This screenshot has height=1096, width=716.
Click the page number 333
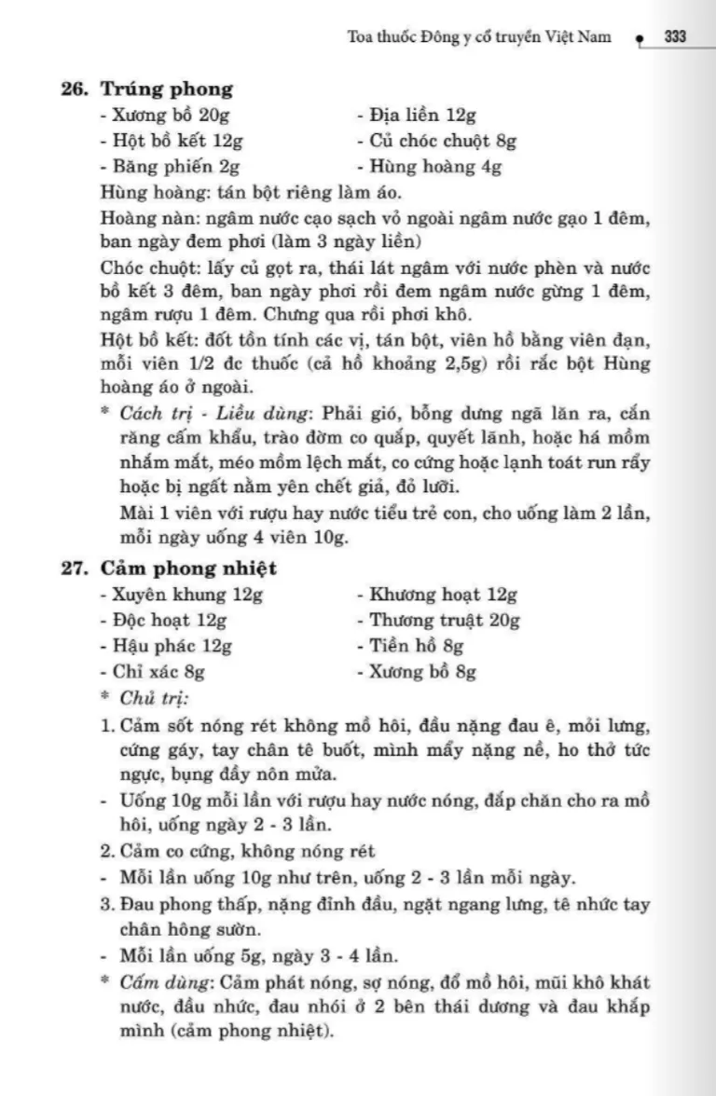click(676, 37)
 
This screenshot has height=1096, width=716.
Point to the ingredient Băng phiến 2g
click(170, 168)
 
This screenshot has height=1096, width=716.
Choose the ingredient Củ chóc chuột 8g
click(435, 142)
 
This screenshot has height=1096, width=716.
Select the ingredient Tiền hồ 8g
click(410, 646)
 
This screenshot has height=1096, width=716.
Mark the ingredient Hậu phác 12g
click(165, 646)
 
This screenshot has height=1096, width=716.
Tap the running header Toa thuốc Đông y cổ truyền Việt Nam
click(479, 37)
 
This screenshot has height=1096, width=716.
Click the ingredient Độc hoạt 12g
click(163, 620)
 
